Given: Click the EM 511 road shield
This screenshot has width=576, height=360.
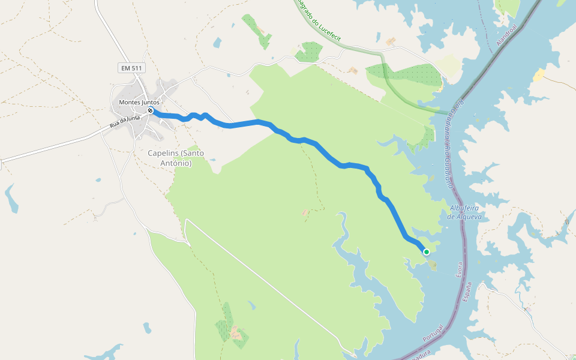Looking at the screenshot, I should [x=131, y=68].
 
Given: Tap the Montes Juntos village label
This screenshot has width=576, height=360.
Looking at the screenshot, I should [x=139, y=103].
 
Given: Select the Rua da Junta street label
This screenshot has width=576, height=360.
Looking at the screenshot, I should [x=125, y=122].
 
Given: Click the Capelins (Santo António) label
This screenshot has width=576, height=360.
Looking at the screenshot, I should [x=176, y=158].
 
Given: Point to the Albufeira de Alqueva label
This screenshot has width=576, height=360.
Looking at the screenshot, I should [x=466, y=212].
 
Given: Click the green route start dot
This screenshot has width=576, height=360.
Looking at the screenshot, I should [x=427, y=252].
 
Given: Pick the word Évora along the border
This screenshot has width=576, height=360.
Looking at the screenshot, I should [x=460, y=269].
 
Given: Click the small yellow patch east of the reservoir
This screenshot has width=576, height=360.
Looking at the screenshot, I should [x=538, y=75].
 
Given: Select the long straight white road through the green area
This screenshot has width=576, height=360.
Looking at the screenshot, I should [x=264, y=282].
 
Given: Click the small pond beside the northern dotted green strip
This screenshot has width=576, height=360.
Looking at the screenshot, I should [x=217, y=43].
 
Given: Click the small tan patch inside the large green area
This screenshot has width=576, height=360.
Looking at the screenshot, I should [x=306, y=212].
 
